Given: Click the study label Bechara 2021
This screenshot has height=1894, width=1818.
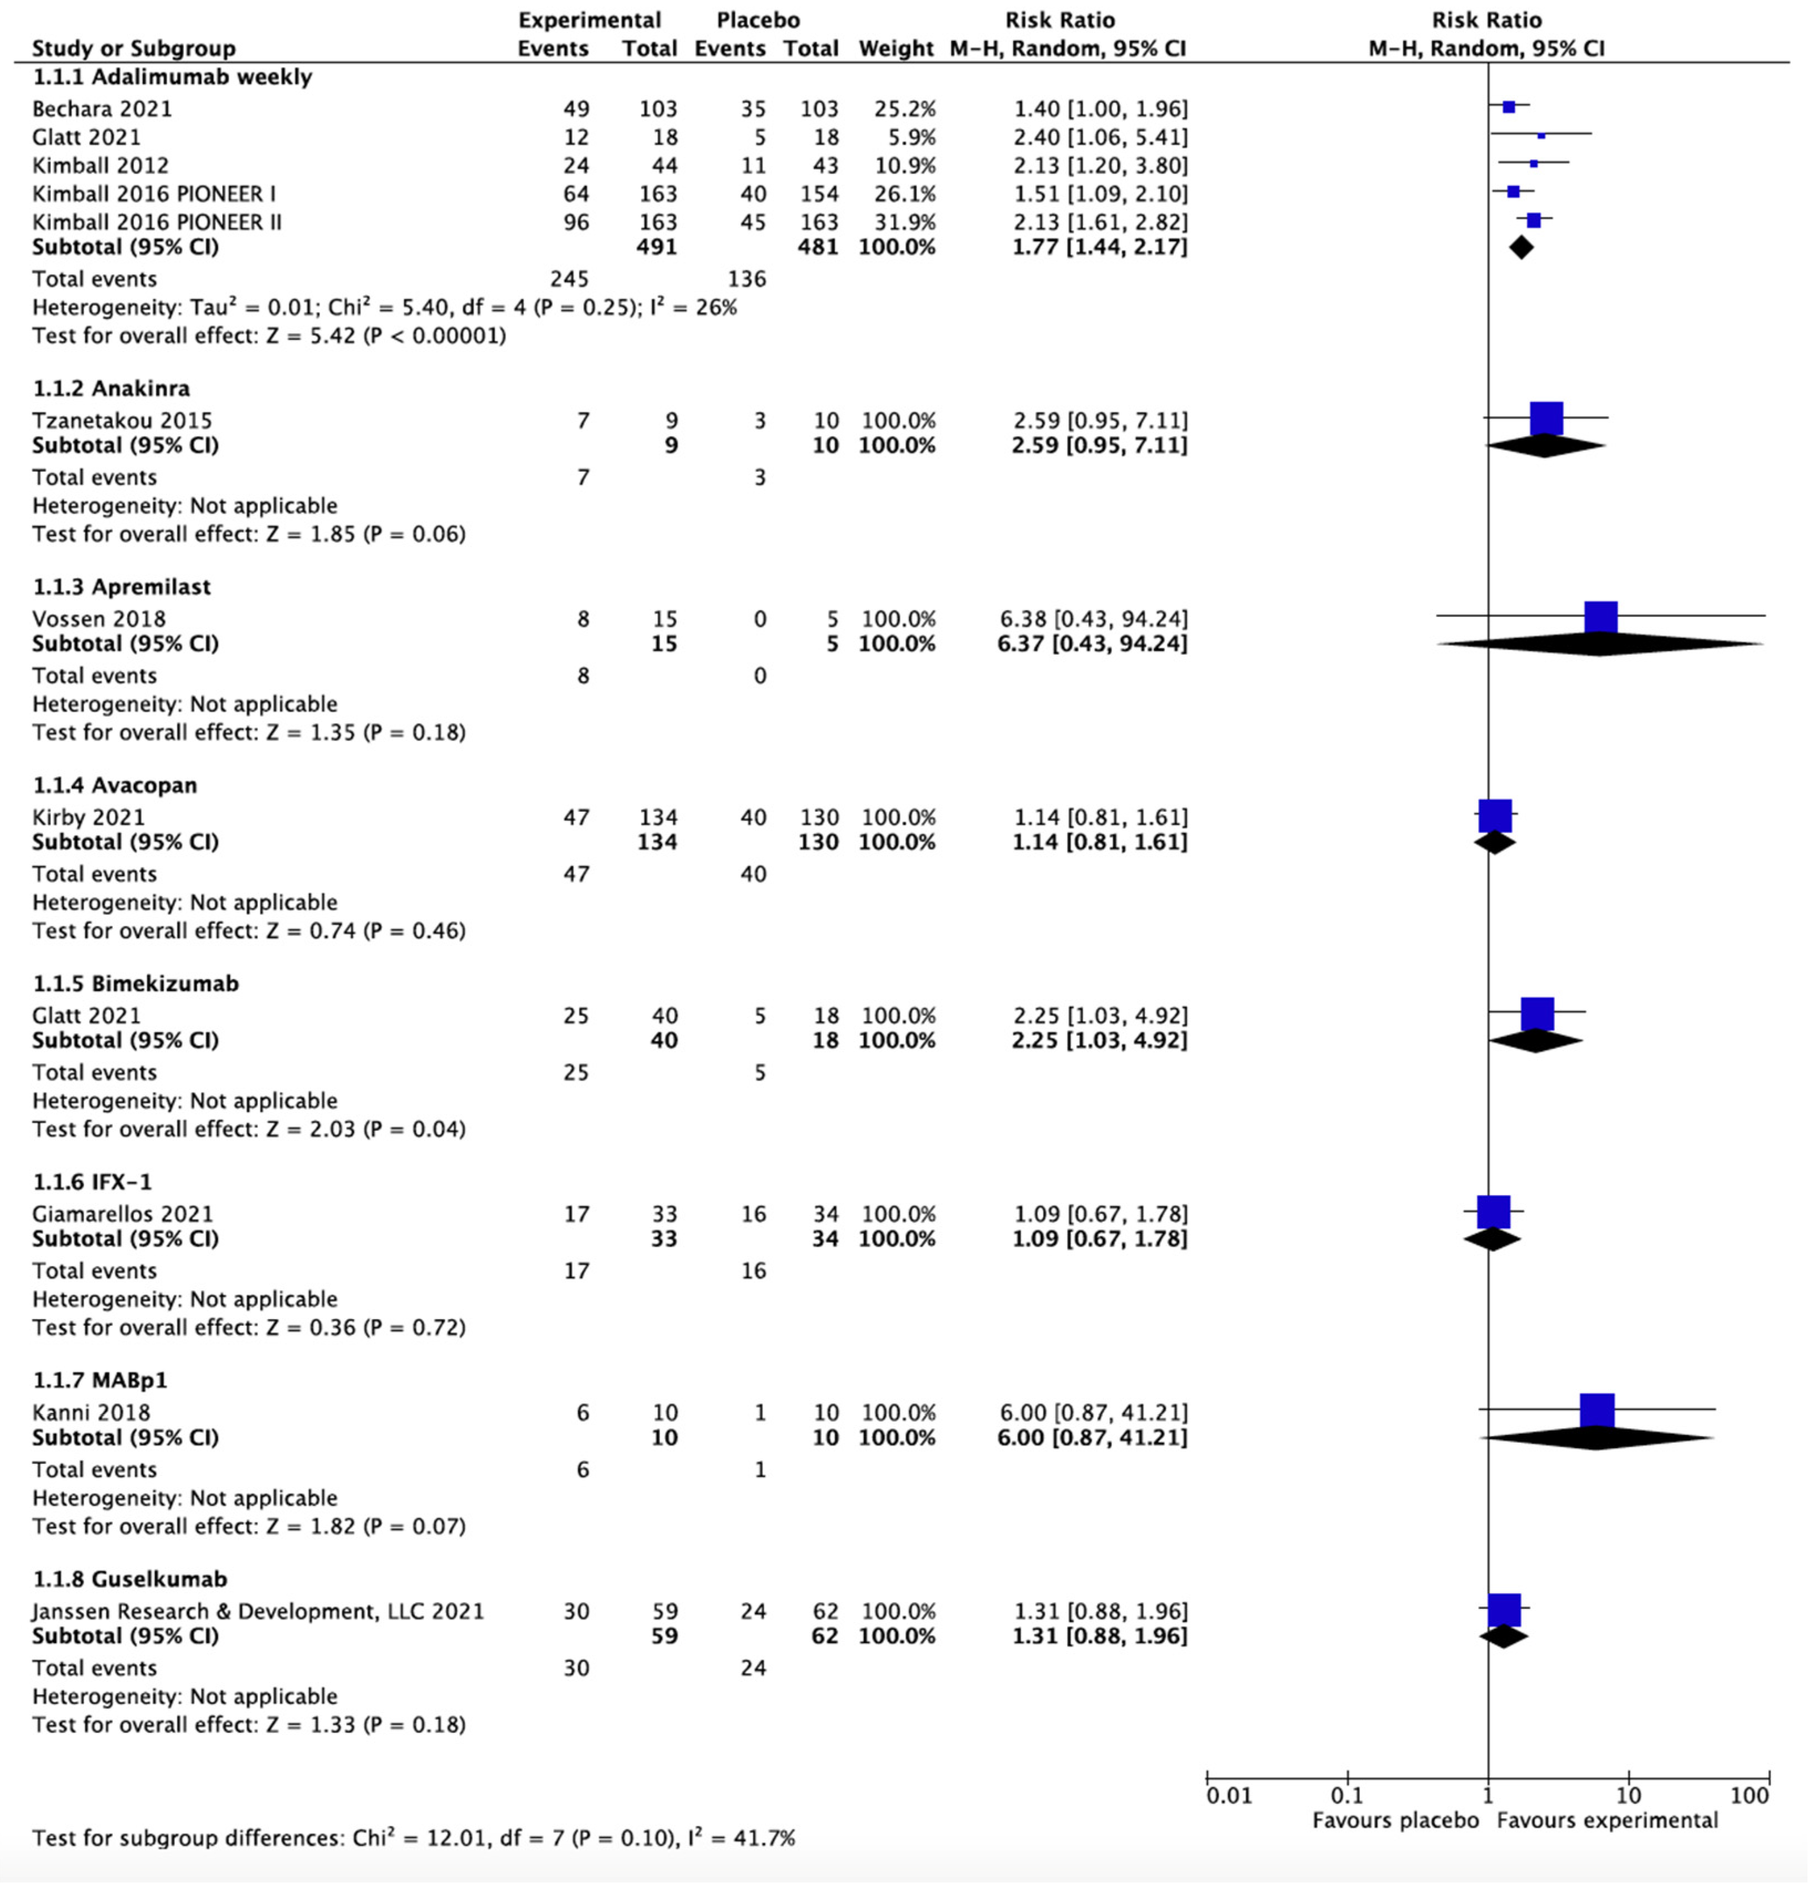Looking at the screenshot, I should click(101, 109).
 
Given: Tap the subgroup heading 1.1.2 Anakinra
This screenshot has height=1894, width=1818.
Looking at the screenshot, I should click(111, 388).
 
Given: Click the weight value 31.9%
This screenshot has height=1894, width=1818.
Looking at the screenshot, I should click(905, 222).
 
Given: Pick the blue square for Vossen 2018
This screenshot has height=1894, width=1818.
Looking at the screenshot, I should click(1600, 617).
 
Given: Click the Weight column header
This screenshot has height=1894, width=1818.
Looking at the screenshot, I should click(896, 48).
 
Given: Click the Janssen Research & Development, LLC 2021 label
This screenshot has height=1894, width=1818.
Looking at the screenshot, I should click(257, 1611).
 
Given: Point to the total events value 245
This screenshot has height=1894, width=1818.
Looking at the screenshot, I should click(569, 279).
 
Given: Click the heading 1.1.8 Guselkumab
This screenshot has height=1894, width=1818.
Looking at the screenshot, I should click(130, 1579).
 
